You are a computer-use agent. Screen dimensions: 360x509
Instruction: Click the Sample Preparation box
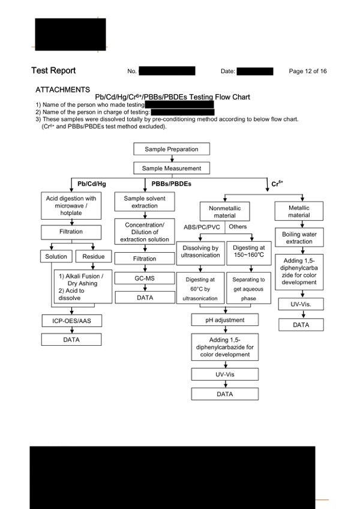tap(172, 149)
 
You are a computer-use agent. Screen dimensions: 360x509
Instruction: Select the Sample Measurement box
tap(172, 168)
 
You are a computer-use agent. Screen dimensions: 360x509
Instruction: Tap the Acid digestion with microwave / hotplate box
tap(71, 205)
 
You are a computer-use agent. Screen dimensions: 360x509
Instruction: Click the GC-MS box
tap(145, 278)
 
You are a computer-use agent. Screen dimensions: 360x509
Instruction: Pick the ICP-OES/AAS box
tap(72, 321)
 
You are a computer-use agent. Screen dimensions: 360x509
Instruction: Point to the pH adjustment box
tap(224, 320)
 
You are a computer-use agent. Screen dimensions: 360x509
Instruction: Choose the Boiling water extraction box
tap(299, 238)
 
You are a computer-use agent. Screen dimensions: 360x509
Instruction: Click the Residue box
tap(94, 256)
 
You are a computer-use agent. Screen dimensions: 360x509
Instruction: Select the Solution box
tap(56, 256)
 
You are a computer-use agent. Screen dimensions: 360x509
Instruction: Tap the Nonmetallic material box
tap(224, 212)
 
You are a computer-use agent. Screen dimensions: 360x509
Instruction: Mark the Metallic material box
tap(299, 211)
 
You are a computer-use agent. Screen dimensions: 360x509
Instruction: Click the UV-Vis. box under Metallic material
tap(301, 304)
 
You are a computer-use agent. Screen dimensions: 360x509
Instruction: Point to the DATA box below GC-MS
tap(145, 297)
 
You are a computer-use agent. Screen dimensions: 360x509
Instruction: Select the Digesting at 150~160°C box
tap(248, 251)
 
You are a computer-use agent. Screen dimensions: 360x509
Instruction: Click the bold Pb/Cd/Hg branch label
tap(92, 184)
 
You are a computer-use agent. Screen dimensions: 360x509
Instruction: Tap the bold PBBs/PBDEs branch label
tap(172, 184)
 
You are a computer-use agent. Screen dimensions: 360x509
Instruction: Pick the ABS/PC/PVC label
tap(202, 227)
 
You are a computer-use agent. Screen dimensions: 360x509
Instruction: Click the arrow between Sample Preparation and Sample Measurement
tap(172, 158)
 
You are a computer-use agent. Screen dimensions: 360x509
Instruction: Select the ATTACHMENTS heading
tap(62, 89)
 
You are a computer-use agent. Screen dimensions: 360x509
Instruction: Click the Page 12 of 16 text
tap(308, 71)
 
